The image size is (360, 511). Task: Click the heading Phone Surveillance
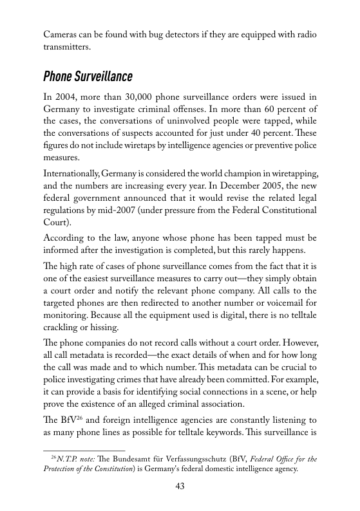pos(88,77)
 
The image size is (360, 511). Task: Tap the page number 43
pos(180,487)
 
